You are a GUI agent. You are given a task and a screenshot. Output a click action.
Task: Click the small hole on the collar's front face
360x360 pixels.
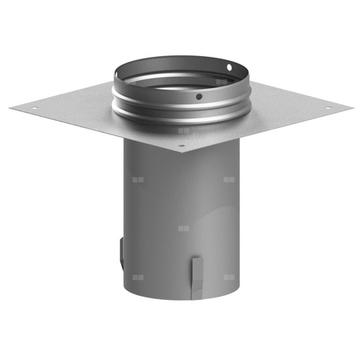[198, 97]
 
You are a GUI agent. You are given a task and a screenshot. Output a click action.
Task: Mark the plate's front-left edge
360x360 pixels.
[96, 131]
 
